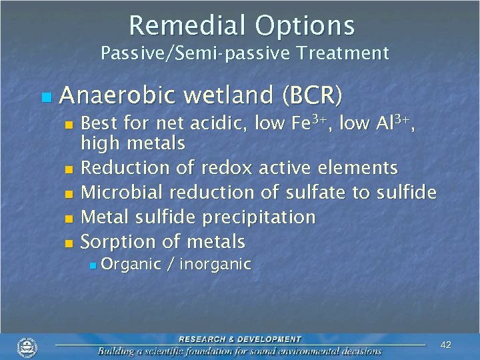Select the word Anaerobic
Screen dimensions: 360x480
coord(116,97)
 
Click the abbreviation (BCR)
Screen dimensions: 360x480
coord(312,97)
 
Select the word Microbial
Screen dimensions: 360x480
coord(123,192)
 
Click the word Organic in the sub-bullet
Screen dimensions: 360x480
coord(131,265)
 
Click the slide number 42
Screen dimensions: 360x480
coord(446,345)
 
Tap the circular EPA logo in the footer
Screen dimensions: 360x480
coord(27,347)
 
